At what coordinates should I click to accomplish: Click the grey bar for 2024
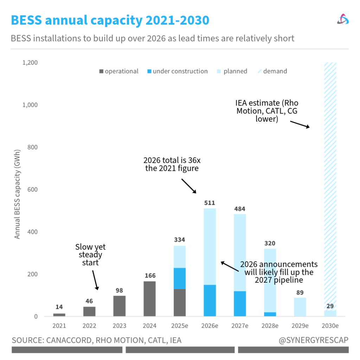pos(150,299)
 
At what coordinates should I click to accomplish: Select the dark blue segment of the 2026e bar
pos(210,301)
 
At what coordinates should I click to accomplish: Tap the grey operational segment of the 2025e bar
pos(180,303)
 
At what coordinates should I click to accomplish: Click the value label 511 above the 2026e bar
pos(210,203)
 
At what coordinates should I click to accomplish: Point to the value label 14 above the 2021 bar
pos(59,307)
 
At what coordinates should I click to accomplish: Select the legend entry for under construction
pos(177,71)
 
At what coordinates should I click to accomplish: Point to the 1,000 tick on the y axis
pos(30,105)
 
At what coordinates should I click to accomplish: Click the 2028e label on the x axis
pos(270,326)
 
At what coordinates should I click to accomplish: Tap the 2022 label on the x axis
pos(89,326)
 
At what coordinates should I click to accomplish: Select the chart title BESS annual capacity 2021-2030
pos(110,20)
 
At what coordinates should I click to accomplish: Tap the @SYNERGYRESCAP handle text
pos(313,340)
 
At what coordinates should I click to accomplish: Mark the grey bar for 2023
pos(120,306)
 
